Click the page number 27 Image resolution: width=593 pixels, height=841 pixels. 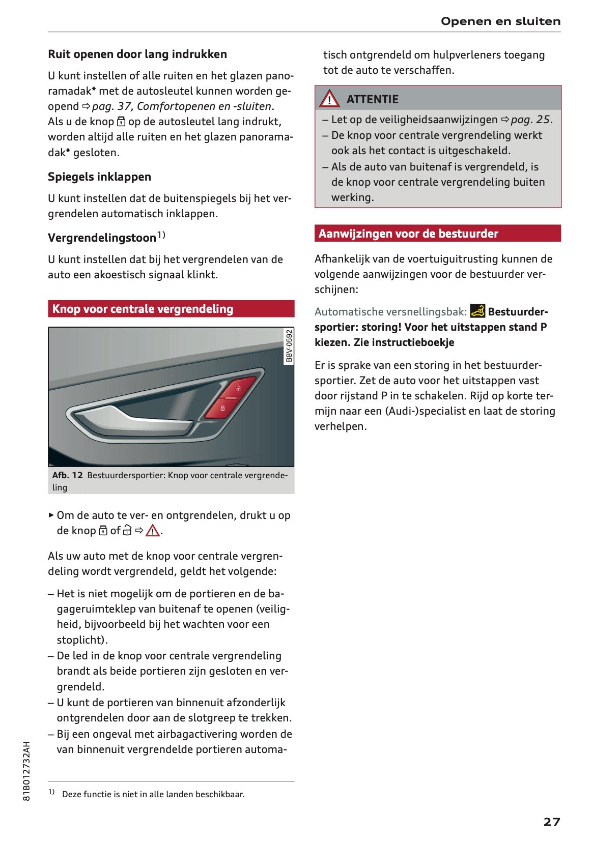[551, 822]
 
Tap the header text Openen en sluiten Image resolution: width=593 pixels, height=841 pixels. [500, 21]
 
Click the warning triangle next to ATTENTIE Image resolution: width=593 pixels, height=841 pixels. [329, 98]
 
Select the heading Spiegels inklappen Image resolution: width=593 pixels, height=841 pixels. [99, 177]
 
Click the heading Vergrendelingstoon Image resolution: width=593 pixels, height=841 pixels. [102, 238]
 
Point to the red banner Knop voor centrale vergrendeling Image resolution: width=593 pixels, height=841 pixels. [171, 309]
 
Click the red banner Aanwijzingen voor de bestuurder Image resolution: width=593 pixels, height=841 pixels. [437, 234]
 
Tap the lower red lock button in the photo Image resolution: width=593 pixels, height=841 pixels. [222, 409]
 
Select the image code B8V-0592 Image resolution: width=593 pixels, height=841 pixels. [289, 346]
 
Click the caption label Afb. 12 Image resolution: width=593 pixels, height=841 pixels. [67, 475]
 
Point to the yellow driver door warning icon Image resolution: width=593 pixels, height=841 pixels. [477, 311]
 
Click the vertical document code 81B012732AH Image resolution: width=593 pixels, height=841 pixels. [27, 771]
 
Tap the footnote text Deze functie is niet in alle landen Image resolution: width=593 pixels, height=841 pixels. [153, 794]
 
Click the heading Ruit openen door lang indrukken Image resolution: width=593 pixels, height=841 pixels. [137, 54]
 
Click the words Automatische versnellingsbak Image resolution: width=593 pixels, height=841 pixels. [390, 312]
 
